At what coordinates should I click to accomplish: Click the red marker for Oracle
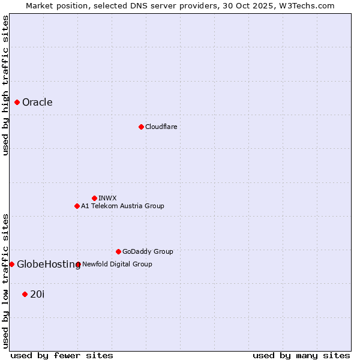coord(17,103)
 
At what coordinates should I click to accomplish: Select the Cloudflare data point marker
coord(141,127)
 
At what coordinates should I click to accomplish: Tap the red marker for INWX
coord(94,198)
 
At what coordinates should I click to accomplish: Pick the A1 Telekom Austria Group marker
coord(77,206)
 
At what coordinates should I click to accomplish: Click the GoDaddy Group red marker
coord(118,251)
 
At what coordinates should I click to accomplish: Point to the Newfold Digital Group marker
coord(78,264)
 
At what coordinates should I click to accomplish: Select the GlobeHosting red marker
coord(11,264)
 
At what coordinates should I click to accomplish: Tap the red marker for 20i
coord(25,294)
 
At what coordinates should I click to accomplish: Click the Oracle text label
coord(37,103)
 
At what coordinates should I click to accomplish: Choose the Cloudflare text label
coord(161,127)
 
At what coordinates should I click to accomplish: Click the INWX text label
coord(107,198)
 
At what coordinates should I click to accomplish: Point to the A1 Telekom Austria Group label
coord(122,206)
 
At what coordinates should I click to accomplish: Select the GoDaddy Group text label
coord(148,251)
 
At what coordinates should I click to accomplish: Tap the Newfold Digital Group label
coord(117,264)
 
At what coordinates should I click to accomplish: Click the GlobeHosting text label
coord(49,265)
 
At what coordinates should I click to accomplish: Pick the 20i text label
coord(37,294)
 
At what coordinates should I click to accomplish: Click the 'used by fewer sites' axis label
coord(62,355)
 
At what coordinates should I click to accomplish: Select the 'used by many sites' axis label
coord(301,355)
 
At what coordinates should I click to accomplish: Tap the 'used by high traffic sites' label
coord(5,85)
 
